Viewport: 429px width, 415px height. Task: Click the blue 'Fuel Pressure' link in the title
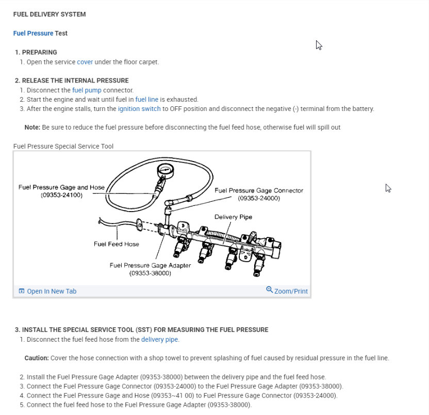[33, 33]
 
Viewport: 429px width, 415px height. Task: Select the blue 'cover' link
[85, 62]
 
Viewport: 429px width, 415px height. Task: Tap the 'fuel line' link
[146, 99]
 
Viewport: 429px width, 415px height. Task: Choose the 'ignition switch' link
[139, 108]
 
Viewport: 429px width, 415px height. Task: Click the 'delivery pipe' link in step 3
[160, 339]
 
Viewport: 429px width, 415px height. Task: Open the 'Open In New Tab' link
[51, 291]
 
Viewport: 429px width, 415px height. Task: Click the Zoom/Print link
[291, 291]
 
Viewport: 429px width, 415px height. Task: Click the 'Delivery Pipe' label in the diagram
[233, 217]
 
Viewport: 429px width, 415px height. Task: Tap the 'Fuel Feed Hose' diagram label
[116, 244]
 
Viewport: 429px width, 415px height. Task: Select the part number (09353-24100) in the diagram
[61, 195]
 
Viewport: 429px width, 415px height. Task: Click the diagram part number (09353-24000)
[259, 198]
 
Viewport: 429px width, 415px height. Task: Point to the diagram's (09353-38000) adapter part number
[150, 273]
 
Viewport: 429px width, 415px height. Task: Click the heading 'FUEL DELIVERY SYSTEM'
[49, 14]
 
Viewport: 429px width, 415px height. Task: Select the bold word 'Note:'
[32, 127]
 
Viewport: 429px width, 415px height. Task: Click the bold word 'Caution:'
[37, 358]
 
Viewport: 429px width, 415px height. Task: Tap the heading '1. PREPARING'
[36, 52]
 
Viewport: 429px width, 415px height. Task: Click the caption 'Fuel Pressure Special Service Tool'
[63, 146]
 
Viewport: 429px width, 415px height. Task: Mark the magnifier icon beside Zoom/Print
[269, 290]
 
